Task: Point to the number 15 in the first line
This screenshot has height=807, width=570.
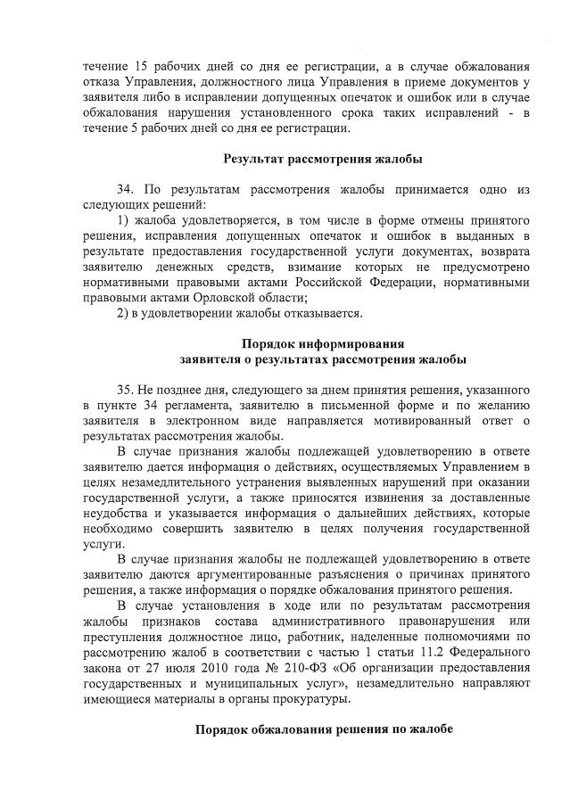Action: click(x=143, y=69)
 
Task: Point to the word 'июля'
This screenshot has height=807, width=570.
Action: click(x=184, y=668)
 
